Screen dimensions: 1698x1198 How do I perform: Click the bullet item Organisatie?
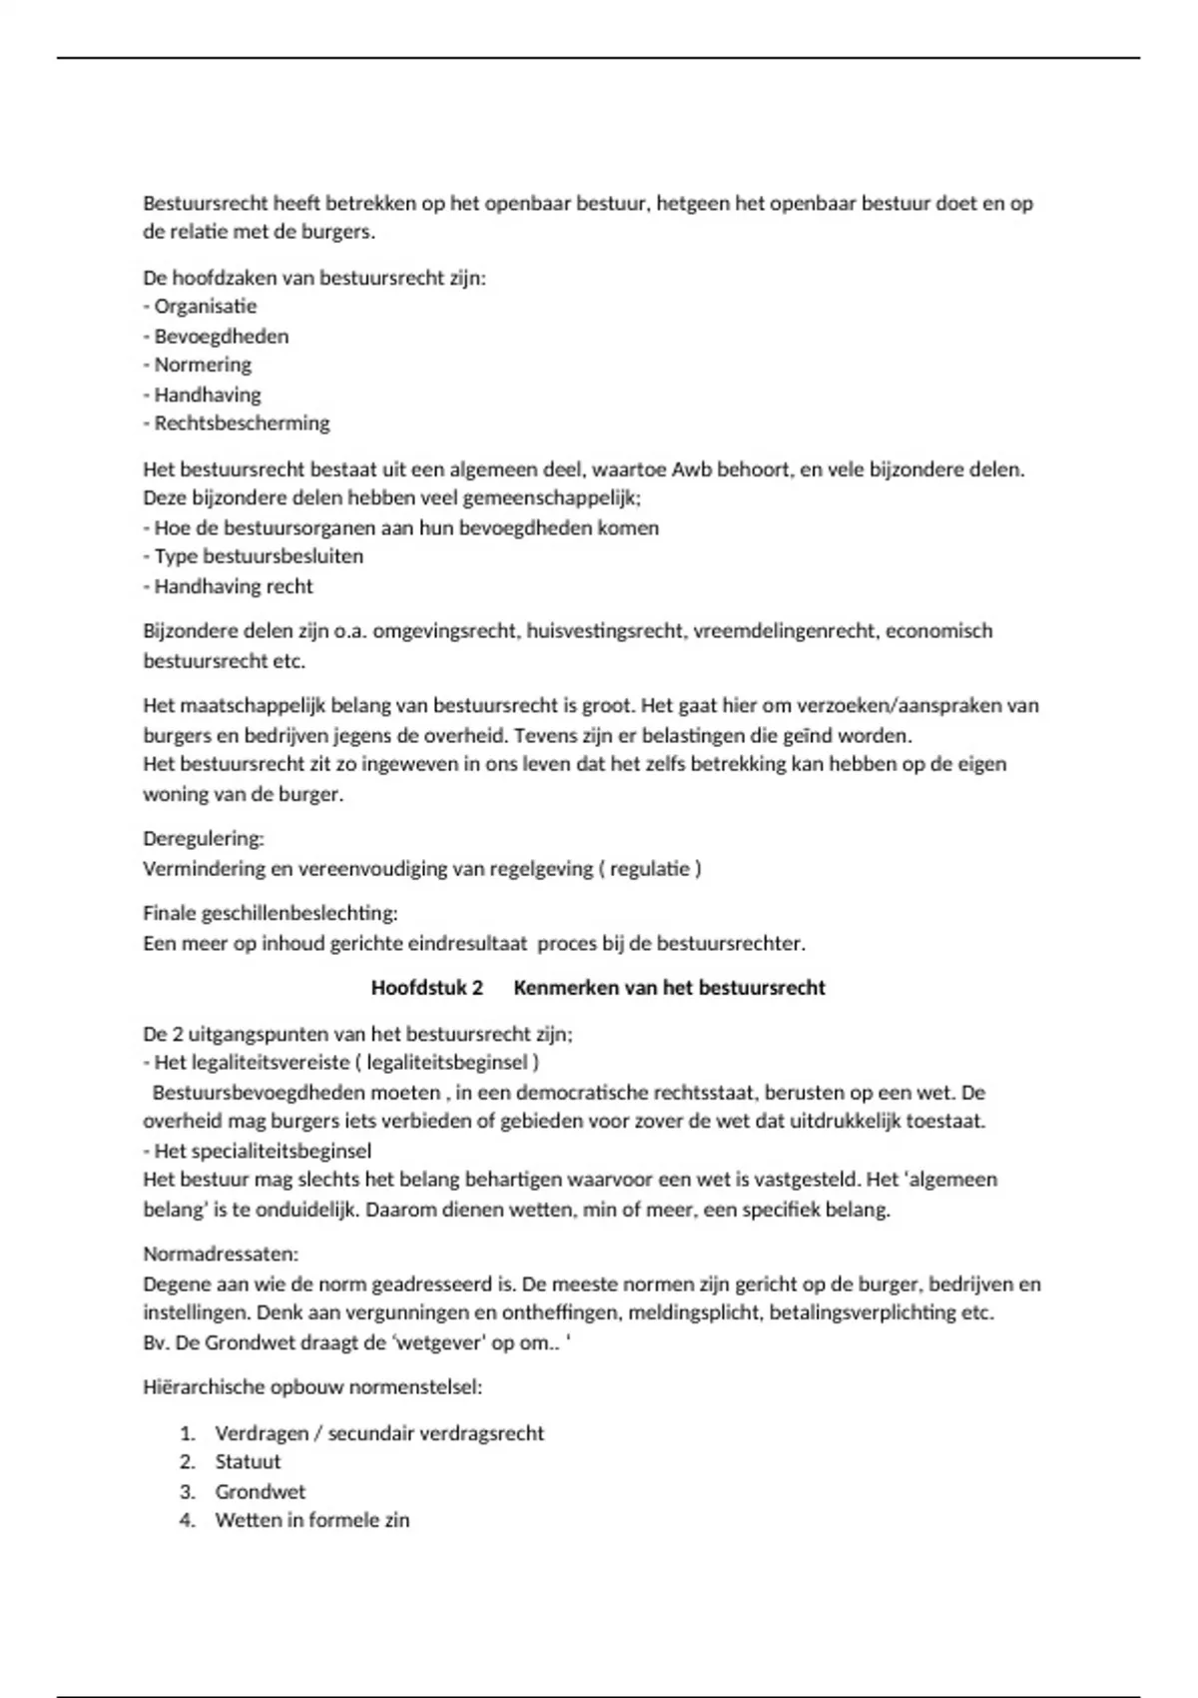(205, 307)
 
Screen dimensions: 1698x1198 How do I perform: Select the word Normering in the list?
(203, 365)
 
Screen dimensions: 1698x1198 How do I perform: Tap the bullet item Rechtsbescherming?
(242, 423)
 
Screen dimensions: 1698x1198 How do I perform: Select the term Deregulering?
(203, 838)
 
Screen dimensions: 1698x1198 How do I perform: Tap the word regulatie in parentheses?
(650, 868)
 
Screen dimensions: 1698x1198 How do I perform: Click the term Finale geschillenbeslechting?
(270, 913)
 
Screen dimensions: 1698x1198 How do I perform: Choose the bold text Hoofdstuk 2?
(427, 988)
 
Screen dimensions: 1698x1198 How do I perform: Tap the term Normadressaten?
(221, 1254)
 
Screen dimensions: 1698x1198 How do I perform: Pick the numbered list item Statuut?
(248, 1461)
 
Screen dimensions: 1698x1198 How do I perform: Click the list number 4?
(187, 1520)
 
